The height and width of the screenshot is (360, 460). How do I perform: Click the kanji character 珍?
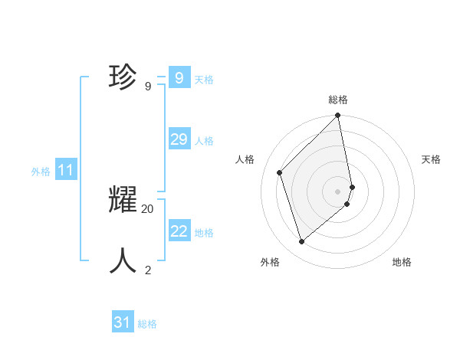pyautogui.click(x=123, y=77)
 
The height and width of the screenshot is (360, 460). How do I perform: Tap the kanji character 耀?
pyautogui.click(x=123, y=200)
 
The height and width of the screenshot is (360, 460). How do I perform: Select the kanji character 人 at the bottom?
pyautogui.click(x=123, y=260)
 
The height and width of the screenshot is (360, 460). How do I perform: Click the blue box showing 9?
pyautogui.click(x=179, y=77)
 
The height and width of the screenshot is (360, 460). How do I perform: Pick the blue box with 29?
pyautogui.click(x=179, y=139)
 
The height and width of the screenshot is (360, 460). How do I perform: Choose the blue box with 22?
pyautogui.click(x=179, y=231)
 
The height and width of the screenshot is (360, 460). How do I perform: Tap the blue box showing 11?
pyautogui.click(x=65, y=170)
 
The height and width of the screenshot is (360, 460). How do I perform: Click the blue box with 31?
pyautogui.click(x=123, y=322)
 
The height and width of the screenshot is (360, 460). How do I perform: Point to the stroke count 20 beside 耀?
pyautogui.click(x=148, y=208)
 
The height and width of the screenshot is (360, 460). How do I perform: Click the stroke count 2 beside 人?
pyautogui.click(x=148, y=270)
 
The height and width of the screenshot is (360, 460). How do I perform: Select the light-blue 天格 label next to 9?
pyautogui.click(x=203, y=80)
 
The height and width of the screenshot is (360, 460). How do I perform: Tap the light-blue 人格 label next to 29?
pyautogui.click(x=204, y=141)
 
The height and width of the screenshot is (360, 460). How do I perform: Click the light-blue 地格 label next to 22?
pyautogui.click(x=204, y=233)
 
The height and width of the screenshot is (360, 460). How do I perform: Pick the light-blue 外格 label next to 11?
pyautogui.click(x=41, y=172)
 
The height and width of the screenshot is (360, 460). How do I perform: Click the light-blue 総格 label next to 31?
pyautogui.click(x=147, y=325)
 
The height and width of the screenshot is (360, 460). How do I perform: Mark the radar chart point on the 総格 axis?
pyautogui.click(x=338, y=116)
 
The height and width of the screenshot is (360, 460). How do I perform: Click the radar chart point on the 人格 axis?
pyautogui.click(x=280, y=172)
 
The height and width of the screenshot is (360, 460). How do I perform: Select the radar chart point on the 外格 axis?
pyautogui.click(x=301, y=242)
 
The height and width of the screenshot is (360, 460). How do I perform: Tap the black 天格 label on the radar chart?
pyautogui.click(x=431, y=159)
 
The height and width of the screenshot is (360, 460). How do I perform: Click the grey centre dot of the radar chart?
pyautogui.click(x=337, y=191)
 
